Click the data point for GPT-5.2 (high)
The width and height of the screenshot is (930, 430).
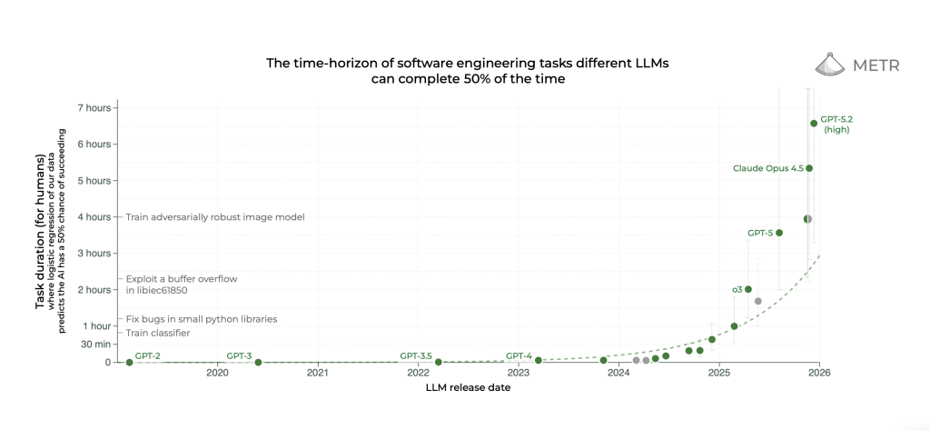(814, 124)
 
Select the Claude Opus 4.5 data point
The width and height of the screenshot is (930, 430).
(809, 168)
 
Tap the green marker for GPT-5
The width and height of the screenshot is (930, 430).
(779, 233)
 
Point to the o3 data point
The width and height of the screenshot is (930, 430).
(748, 289)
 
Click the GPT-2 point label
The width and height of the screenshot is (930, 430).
(147, 355)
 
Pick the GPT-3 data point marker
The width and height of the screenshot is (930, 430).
(258, 362)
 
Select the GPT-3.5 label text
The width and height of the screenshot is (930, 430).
(416, 355)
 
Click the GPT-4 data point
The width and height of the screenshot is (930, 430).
(539, 361)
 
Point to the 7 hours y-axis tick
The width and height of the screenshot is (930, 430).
(94, 107)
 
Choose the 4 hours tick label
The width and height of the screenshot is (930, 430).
(94, 216)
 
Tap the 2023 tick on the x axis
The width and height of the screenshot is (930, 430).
(519, 373)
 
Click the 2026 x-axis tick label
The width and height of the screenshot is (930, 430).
(819, 373)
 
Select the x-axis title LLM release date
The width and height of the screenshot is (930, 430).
(468, 388)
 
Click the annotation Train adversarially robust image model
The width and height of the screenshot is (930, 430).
(214, 217)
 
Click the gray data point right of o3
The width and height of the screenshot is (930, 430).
(758, 300)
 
